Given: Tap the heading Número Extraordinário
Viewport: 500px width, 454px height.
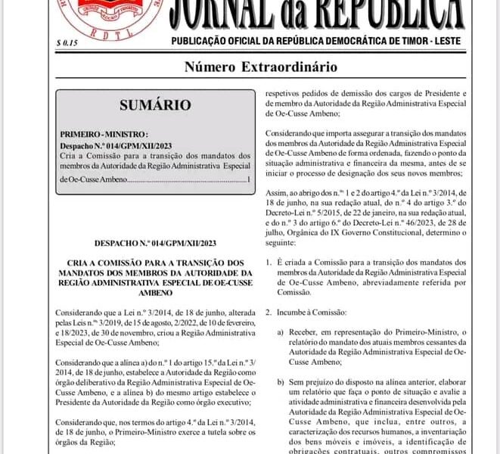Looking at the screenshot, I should [x=261, y=67].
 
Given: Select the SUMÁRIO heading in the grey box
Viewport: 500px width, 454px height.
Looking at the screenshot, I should [x=155, y=105].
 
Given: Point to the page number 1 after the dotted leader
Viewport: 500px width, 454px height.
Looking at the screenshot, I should [x=248, y=180].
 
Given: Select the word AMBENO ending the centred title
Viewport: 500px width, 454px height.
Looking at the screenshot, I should [x=155, y=291].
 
